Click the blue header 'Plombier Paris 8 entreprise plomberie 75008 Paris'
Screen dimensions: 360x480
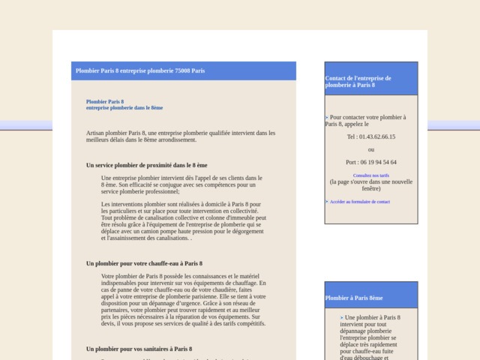click(140, 71)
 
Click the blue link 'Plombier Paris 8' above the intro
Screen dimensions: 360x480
click(105, 101)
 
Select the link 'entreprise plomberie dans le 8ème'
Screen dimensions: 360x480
click(124, 108)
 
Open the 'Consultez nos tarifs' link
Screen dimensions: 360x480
click(370, 175)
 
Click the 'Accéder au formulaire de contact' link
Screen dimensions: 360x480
click(359, 202)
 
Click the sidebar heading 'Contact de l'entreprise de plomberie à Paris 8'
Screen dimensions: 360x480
click(358, 82)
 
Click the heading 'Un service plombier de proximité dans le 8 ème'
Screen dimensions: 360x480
click(146, 164)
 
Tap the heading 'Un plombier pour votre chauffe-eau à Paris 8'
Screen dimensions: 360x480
click(144, 263)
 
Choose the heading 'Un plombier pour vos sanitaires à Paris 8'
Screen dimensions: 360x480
click(139, 349)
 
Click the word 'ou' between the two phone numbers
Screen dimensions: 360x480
click(370, 149)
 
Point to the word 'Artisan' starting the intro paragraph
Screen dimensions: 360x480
click(95, 133)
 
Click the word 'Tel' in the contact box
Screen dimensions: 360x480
click(351, 137)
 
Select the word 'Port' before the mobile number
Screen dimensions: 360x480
click(351, 162)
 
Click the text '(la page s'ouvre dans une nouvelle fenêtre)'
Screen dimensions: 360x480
click(370, 184)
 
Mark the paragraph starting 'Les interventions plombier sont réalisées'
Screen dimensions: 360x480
click(181, 221)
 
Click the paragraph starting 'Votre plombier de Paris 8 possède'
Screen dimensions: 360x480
click(184, 300)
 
